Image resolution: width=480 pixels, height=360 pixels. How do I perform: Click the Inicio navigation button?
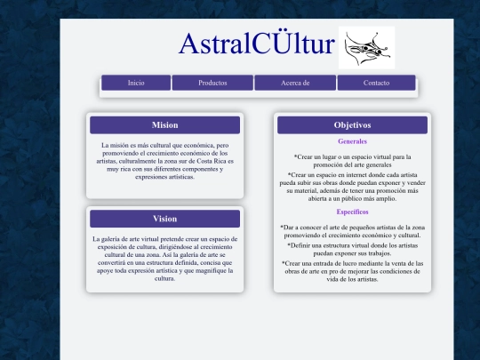click(x=136, y=83)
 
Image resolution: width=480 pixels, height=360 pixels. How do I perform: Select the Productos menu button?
click(x=212, y=83)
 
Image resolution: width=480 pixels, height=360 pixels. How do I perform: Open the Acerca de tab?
click(x=295, y=83)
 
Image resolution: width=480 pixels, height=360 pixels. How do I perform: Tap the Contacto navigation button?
click(x=376, y=83)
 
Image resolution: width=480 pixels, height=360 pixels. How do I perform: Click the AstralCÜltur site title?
click(x=257, y=44)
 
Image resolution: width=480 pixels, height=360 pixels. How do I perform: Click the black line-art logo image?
click(x=366, y=47)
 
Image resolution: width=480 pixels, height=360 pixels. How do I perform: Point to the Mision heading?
click(x=164, y=125)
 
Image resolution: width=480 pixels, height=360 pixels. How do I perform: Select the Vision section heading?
click(x=164, y=219)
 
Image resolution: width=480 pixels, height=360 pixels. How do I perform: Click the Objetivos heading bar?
click(x=352, y=125)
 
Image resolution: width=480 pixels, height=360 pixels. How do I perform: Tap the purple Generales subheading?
click(x=352, y=141)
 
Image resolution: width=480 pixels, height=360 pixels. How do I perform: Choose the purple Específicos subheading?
click(x=352, y=212)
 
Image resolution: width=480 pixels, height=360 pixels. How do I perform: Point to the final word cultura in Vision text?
click(x=164, y=278)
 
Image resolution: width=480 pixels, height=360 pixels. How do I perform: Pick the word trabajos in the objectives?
click(x=380, y=253)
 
